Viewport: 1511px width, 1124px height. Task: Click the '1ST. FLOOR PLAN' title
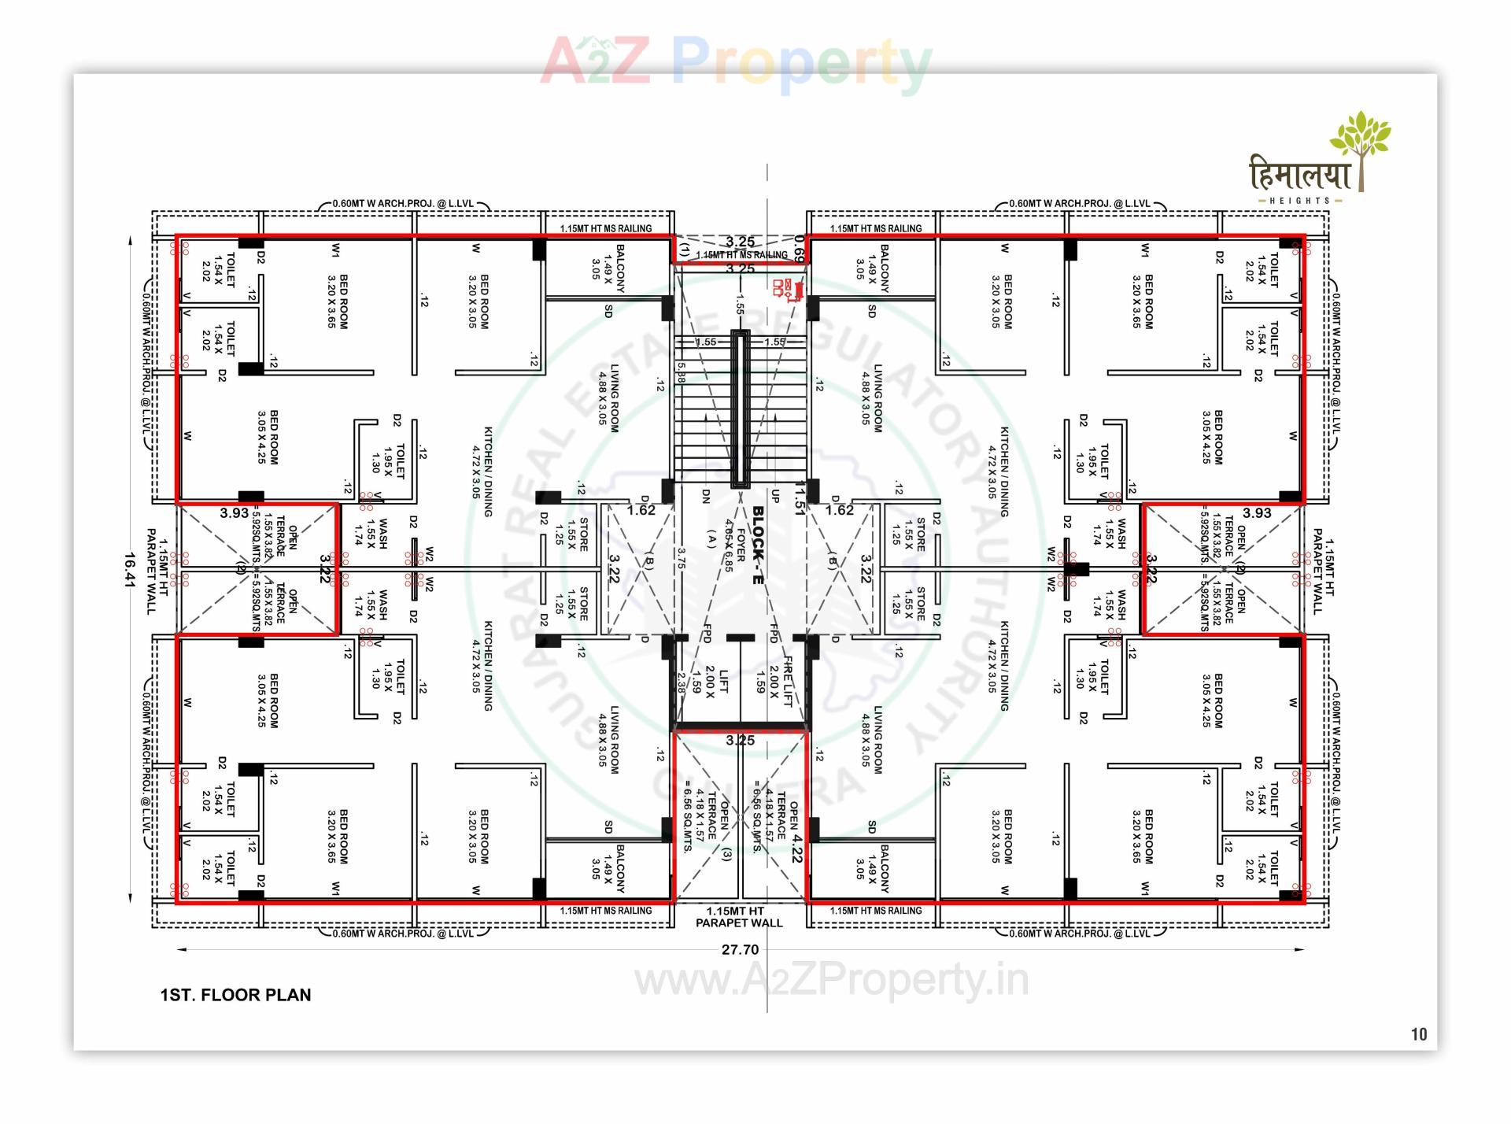click(235, 995)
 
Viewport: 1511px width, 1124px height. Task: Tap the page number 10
click(1418, 1034)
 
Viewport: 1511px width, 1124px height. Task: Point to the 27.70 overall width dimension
click(740, 949)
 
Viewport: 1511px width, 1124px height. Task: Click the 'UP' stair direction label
click(775, 496)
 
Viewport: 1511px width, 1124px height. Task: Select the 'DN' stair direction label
click(706, 496)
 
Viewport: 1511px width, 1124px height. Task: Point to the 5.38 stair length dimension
click(681, 372)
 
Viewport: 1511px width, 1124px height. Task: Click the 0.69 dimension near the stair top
click(799, 247)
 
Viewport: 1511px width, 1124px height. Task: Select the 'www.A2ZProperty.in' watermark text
click(831, 981)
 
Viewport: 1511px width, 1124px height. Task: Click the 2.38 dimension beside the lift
click(681, 680)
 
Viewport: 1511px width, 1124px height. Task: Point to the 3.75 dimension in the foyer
click(682, 557)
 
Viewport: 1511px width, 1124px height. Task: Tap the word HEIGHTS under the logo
click(1299, 201)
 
